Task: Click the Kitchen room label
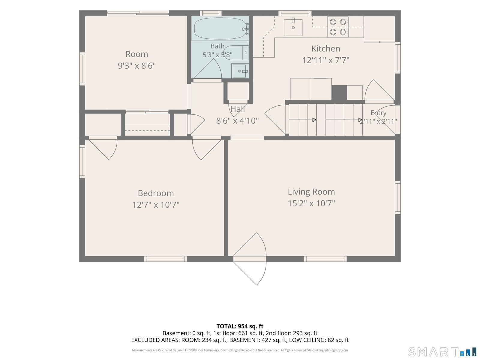tap(325, 49)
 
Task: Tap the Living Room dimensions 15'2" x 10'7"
tap(311, 203)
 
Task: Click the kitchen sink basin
tap(293, 28)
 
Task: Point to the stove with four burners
tap(338, 27)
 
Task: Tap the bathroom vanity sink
tap(240, 70)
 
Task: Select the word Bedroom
tap(156, 193)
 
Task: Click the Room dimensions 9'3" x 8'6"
tap(137, 66)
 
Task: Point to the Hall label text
tap(238, 109)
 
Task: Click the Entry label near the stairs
tap(378, 113)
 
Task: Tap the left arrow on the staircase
tap(303, 120)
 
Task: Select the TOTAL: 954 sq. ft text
tap(240, 326)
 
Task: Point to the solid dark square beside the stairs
tap(339, 93)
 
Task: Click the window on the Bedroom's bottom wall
tap(166, 259)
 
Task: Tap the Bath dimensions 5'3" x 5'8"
tap(217, 55)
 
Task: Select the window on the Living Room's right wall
tap(398, 198)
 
